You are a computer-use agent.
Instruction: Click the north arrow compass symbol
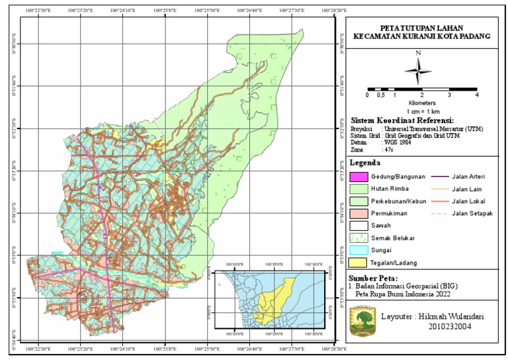point(419,68)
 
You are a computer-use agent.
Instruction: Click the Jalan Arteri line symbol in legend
point(441,177)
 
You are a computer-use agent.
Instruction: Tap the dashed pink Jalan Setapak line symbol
point(441,213)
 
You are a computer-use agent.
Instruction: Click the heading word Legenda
point(366,163)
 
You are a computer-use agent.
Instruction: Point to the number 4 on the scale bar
point(476,95)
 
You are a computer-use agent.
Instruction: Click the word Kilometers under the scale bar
point(422,103)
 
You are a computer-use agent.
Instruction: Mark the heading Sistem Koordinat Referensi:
point(402,120)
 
